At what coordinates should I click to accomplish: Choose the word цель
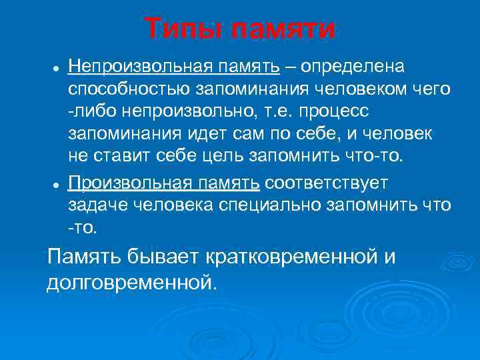pyautogui.click(x=215, y=157)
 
